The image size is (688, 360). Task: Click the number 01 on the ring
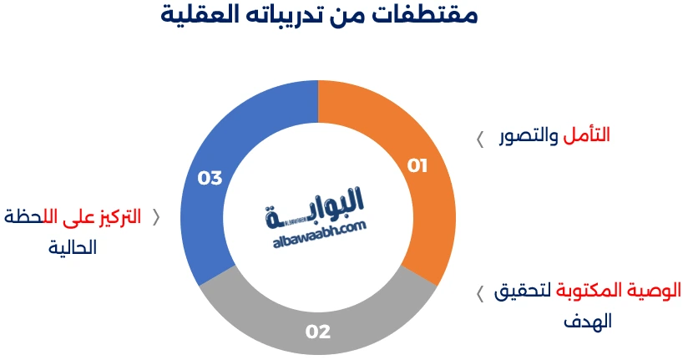coord(417,165)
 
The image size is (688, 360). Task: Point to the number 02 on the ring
coord(318,332)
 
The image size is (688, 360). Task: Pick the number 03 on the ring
coord(210,178)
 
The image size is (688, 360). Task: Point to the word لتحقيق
coord(522,292)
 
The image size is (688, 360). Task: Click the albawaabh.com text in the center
coord(318,233)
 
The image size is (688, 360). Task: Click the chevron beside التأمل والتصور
coord(480,138)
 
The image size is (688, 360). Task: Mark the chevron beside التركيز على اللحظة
coord(155,218)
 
